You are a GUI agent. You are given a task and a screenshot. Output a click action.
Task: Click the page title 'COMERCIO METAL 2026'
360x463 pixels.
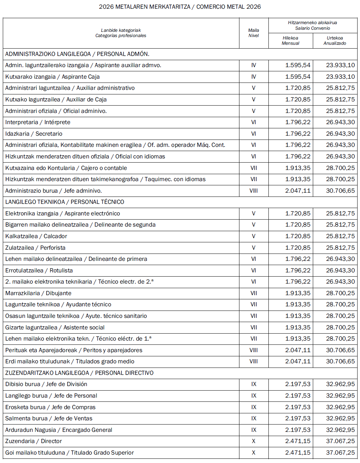tap(229, 7)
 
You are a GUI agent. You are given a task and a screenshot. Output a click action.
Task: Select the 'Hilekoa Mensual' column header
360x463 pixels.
tap(290, 41)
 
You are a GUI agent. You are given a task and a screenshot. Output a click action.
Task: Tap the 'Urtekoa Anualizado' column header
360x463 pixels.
tap(334, 41)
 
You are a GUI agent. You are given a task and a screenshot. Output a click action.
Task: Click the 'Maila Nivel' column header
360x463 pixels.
tap(253, 33)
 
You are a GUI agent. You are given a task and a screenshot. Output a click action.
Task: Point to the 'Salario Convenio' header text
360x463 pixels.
tap(312, 28)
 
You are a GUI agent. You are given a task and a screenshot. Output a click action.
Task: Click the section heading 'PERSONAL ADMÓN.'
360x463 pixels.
tap(123, 54)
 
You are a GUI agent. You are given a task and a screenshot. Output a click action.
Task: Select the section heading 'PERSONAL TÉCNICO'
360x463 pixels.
tap(97, 202)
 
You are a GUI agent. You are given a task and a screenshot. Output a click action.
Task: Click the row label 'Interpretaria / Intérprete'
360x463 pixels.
tap(38, 122)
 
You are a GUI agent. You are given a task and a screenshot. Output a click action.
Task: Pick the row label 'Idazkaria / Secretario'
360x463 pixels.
tap(34, 134)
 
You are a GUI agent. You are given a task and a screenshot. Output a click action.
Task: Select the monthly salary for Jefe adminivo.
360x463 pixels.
tap(297, 191)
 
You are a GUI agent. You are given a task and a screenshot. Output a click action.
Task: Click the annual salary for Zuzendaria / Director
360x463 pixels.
tap(340, 441)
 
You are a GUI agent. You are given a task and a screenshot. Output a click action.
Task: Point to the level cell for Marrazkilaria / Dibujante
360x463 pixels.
tap(253, 293)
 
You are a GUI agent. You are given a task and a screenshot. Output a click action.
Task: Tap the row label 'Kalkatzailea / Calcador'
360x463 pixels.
tap(36, 236)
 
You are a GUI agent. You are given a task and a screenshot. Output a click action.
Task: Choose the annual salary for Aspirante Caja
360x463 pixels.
tap(340, 77)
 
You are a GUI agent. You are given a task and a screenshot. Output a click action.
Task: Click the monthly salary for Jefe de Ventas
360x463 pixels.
tap(297, 418)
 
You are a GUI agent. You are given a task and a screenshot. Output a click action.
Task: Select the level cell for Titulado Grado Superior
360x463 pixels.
tap(253, 453)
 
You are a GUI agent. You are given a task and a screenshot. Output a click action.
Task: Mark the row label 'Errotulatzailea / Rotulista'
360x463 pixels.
tap(39, 270)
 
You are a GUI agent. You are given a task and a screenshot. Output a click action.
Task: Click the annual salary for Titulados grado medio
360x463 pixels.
tap(340, 361)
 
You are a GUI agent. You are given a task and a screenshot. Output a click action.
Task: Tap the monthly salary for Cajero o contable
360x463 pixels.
tap(297, 168)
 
